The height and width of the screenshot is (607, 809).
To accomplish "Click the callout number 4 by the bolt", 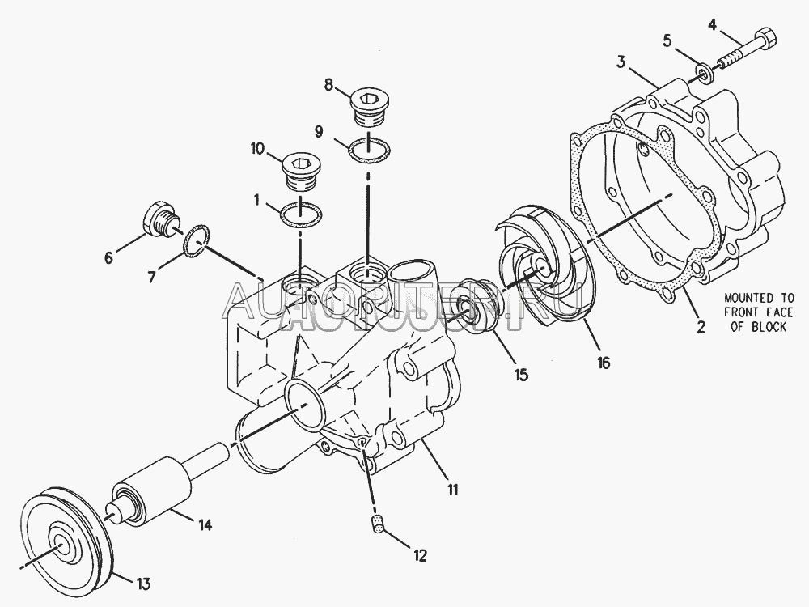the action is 713,24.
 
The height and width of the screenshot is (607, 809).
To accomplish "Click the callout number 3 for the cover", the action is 621,62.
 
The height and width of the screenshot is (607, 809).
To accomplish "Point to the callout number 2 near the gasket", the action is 701,327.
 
